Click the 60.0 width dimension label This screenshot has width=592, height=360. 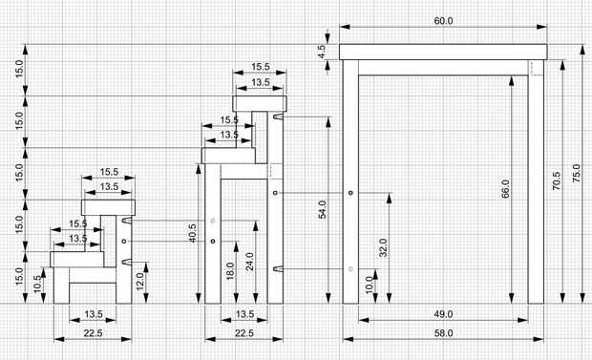pyautogui.click(x=443, y=21)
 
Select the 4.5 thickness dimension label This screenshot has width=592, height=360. pyautogui.click(x=321, y=52)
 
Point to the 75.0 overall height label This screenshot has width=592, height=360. pyautogui.click(x=577, y=174)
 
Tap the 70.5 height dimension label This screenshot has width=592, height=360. pyautogui.click(x=557, y=180)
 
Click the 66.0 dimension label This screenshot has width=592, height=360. pyautogui.click(x=505, y=188)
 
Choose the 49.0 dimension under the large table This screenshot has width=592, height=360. pyautogui.click(x=443, y=314)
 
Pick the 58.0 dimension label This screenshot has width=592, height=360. pyautogui.click(x=443, y=333)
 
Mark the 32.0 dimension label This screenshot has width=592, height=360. pyautogui.click(x=383, y=248)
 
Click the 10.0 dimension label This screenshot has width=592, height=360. pyautogui.click(x=370, y=284)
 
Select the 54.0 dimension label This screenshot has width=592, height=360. pyautogui.click(x=322, y=210)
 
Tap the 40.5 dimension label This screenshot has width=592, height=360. pyautogui.click(x=192, y=233)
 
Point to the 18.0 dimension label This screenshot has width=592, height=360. pyautogui.click(x=230, y=271)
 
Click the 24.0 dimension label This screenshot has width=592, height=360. pyautogui.click(x=249, y=262)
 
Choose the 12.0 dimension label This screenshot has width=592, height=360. pyautogui.click(x=139, y=282)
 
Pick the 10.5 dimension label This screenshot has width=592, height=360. pyautogui.click(x=37, y=284)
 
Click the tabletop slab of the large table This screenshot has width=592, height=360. pyautogui.click(x=443, y=52)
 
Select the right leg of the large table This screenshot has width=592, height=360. pyautogui.click(x=536, y=181)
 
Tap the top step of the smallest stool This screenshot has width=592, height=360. pyautogui.click(x=108, y=207)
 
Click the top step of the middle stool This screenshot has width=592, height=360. pyautogui.click(x=260, y=103)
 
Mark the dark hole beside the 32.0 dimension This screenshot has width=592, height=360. pyautogui.click(x=350, y=193)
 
